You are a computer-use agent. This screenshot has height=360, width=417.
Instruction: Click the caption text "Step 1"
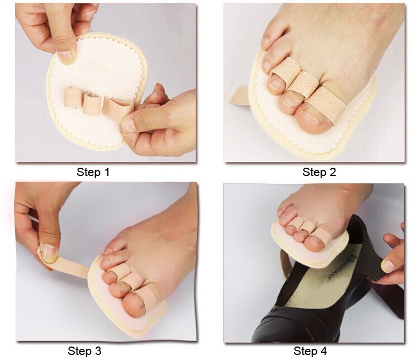[x=93, y=172]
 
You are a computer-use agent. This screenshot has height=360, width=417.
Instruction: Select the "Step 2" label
[x=319, y=172]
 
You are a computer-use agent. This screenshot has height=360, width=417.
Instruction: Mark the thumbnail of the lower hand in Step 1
[x=129, y=124]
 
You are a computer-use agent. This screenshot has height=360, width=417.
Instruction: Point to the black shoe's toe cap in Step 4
[x=279, y=330]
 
